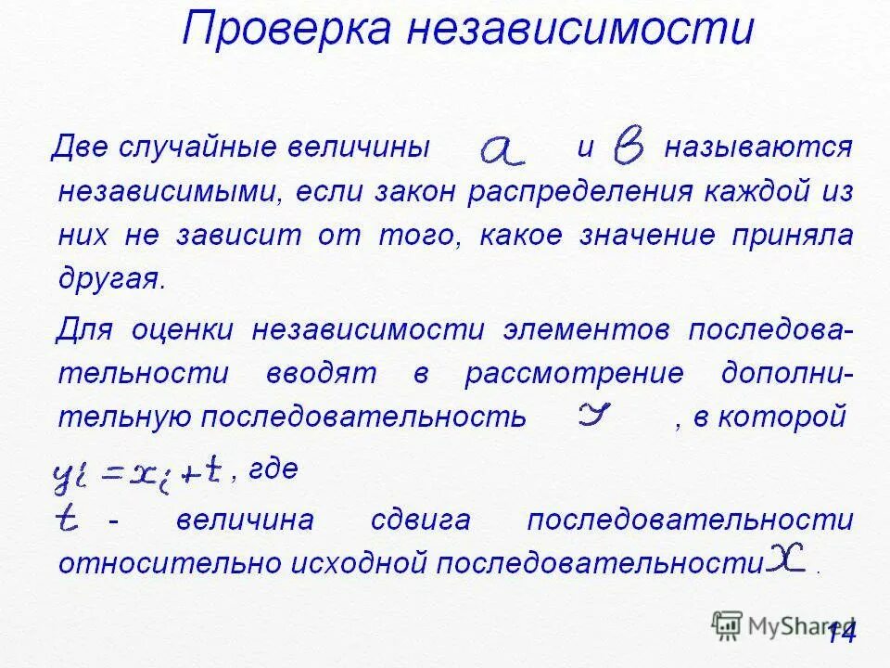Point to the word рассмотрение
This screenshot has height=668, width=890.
pyautogui.click(x=575, y=374)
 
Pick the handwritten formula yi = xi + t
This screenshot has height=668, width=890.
pyautogui.click(x=136, y=474)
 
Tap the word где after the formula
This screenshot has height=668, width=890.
pyautogui.click(x=275, y=469)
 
